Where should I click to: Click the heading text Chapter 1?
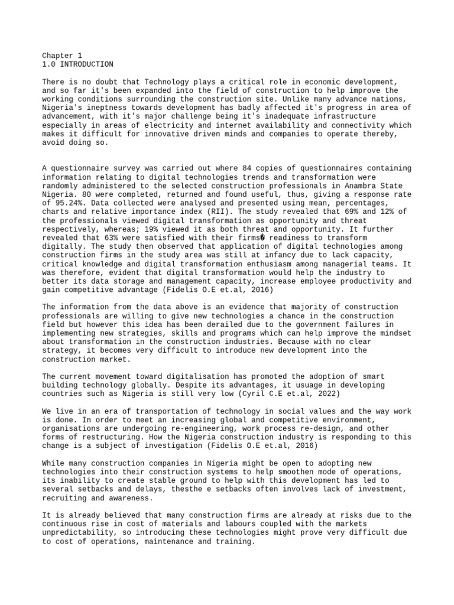(x=62, y=56)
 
